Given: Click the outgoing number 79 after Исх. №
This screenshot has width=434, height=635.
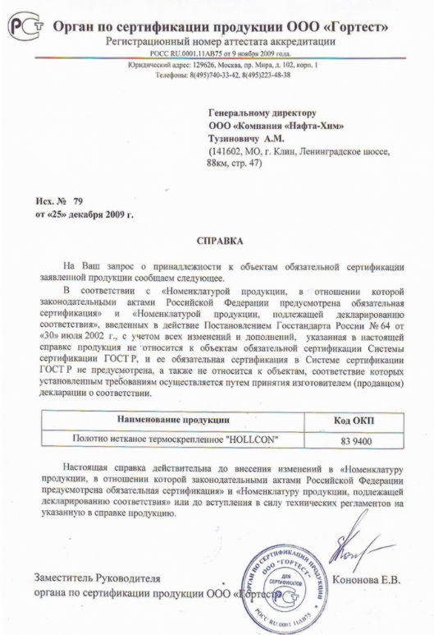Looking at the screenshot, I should (78, 201).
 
